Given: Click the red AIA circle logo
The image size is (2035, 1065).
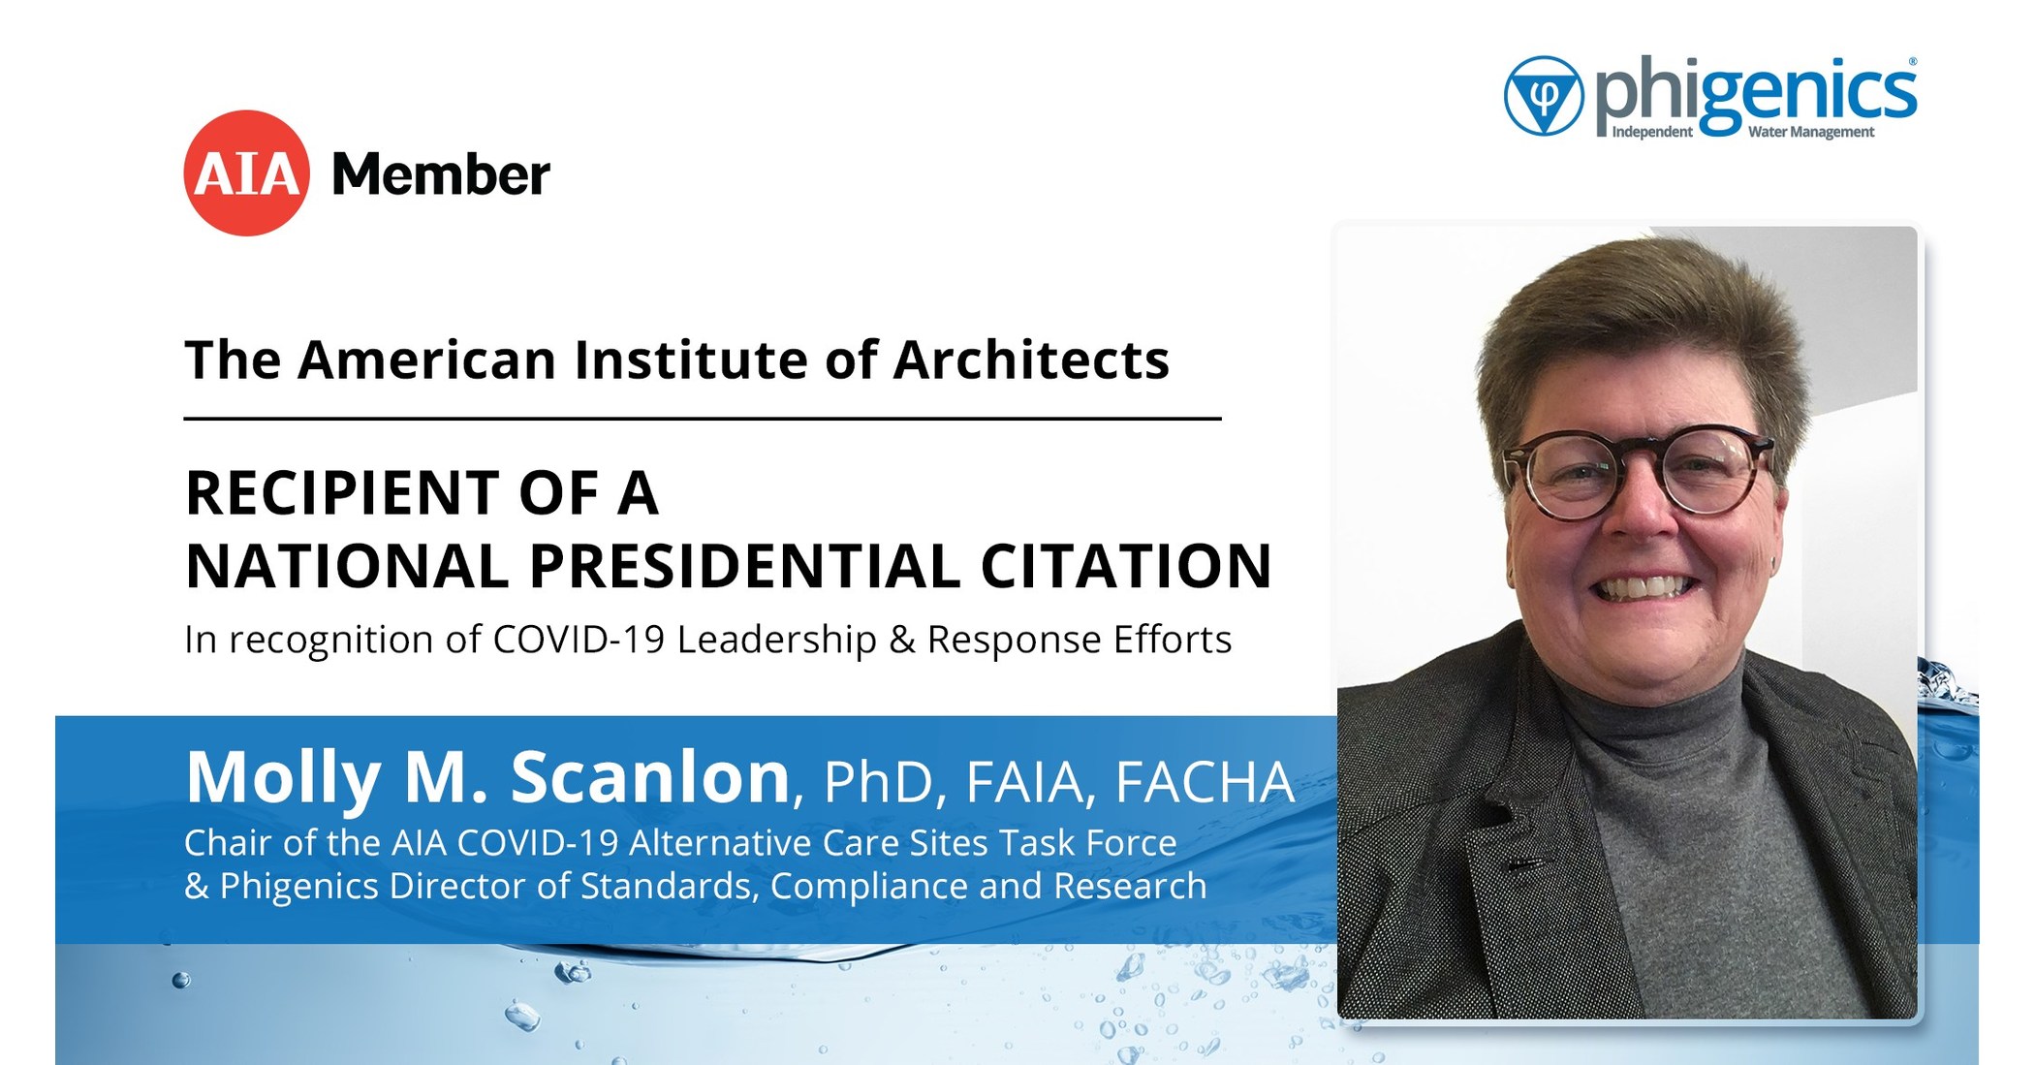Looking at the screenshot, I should tap(246, 173).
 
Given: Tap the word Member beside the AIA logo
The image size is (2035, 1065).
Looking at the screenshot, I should tap(441, 175).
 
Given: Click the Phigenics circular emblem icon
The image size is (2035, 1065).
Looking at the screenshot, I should tap(1543, 96).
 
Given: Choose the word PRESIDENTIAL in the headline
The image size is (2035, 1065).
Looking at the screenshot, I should tap(744, 567).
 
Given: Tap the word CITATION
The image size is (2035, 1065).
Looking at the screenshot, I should tap(1125, 567).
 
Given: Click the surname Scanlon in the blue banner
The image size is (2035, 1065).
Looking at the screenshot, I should tap(650, 777).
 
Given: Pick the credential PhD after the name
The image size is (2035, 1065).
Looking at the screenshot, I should tap(877, 783).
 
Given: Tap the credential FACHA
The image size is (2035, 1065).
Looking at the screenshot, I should tap(1205, 783).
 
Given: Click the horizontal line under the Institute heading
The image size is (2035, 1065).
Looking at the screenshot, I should tap(702, 419).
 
